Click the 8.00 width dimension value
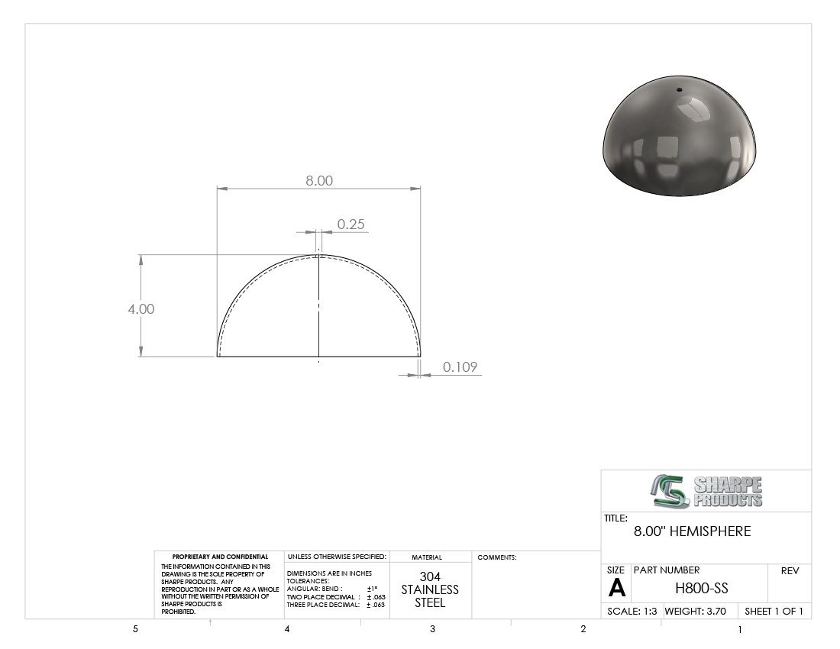319,181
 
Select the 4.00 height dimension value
141,309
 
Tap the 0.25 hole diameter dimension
351,224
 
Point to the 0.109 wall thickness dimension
460,366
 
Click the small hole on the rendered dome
680,90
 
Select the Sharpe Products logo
706,491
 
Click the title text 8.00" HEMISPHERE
692,531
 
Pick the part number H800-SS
701,589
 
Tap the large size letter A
616,589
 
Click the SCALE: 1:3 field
632,611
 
